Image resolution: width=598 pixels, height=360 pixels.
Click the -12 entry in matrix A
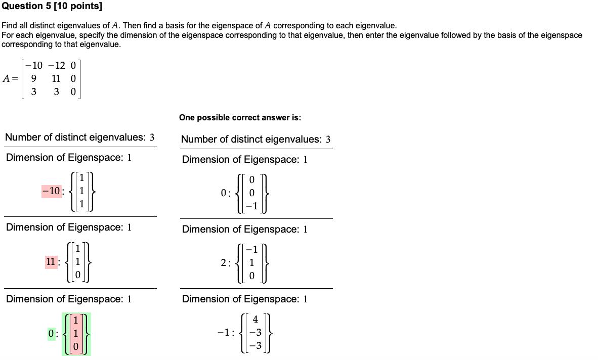57,65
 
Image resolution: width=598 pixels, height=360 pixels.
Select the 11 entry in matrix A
56,78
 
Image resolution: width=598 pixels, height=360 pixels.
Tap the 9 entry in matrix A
33,78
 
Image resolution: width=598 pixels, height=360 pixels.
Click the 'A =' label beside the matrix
11,78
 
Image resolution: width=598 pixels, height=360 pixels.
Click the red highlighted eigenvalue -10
51,191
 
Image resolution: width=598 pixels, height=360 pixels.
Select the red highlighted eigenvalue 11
51,262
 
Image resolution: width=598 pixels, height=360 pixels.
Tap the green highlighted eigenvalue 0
51,333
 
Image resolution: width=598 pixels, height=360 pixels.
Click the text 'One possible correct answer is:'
240,118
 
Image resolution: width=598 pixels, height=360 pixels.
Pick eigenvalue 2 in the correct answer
224,262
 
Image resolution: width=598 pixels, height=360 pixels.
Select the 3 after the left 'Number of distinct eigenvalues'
152,138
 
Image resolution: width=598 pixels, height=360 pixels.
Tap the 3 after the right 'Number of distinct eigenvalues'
328,139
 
